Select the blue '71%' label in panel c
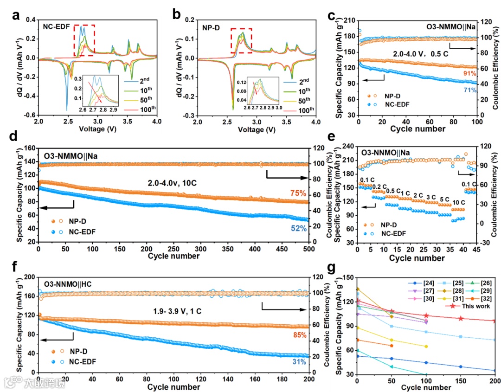click(x=470, y=90)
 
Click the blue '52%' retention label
click(x=298, y=228)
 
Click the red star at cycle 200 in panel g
click(x=495, y=321)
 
